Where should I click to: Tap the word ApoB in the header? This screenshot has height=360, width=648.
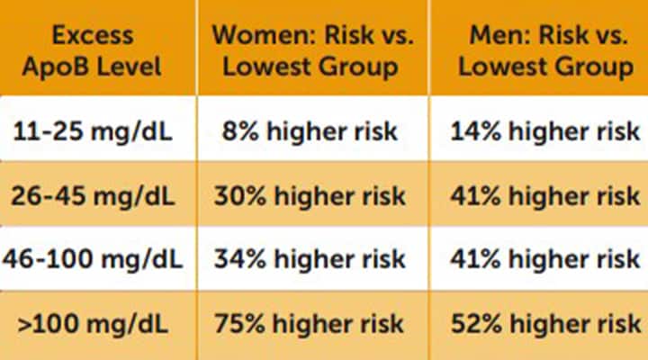(72, 67)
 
